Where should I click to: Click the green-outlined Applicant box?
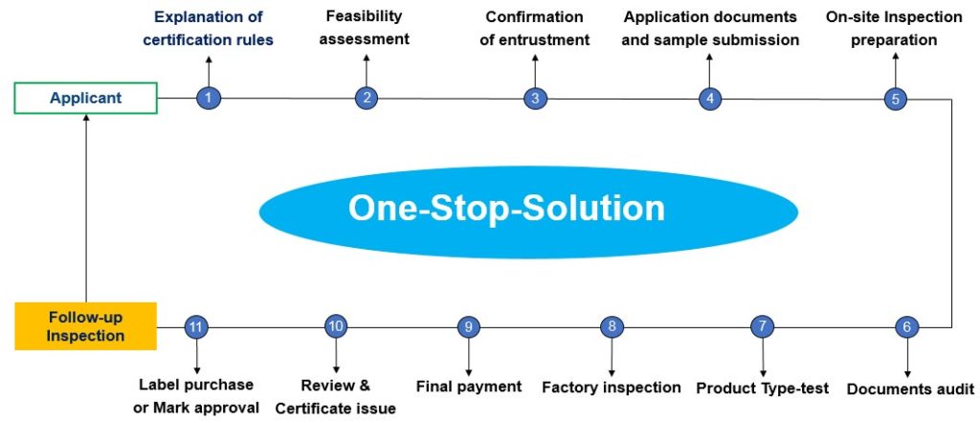(85, 99)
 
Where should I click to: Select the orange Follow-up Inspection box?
(85, 326)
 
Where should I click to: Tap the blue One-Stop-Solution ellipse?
(528, 211)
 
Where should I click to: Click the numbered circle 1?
(209, 98)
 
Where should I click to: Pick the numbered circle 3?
(535, 99)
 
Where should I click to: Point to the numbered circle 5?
(896, 99)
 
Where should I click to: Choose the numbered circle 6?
(907, 326)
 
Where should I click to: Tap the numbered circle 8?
(612, 326)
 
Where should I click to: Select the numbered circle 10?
(336, 325)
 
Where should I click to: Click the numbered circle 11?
(197, 326)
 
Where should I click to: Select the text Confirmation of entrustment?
(535, 28)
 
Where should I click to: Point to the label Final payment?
(469, 387)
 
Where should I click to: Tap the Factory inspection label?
(612, 388)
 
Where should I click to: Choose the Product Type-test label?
(763, 388)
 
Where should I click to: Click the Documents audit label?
(910, 389)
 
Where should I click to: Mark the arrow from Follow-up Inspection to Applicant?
(86, 208)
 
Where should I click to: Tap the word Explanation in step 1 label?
(210, 16)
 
